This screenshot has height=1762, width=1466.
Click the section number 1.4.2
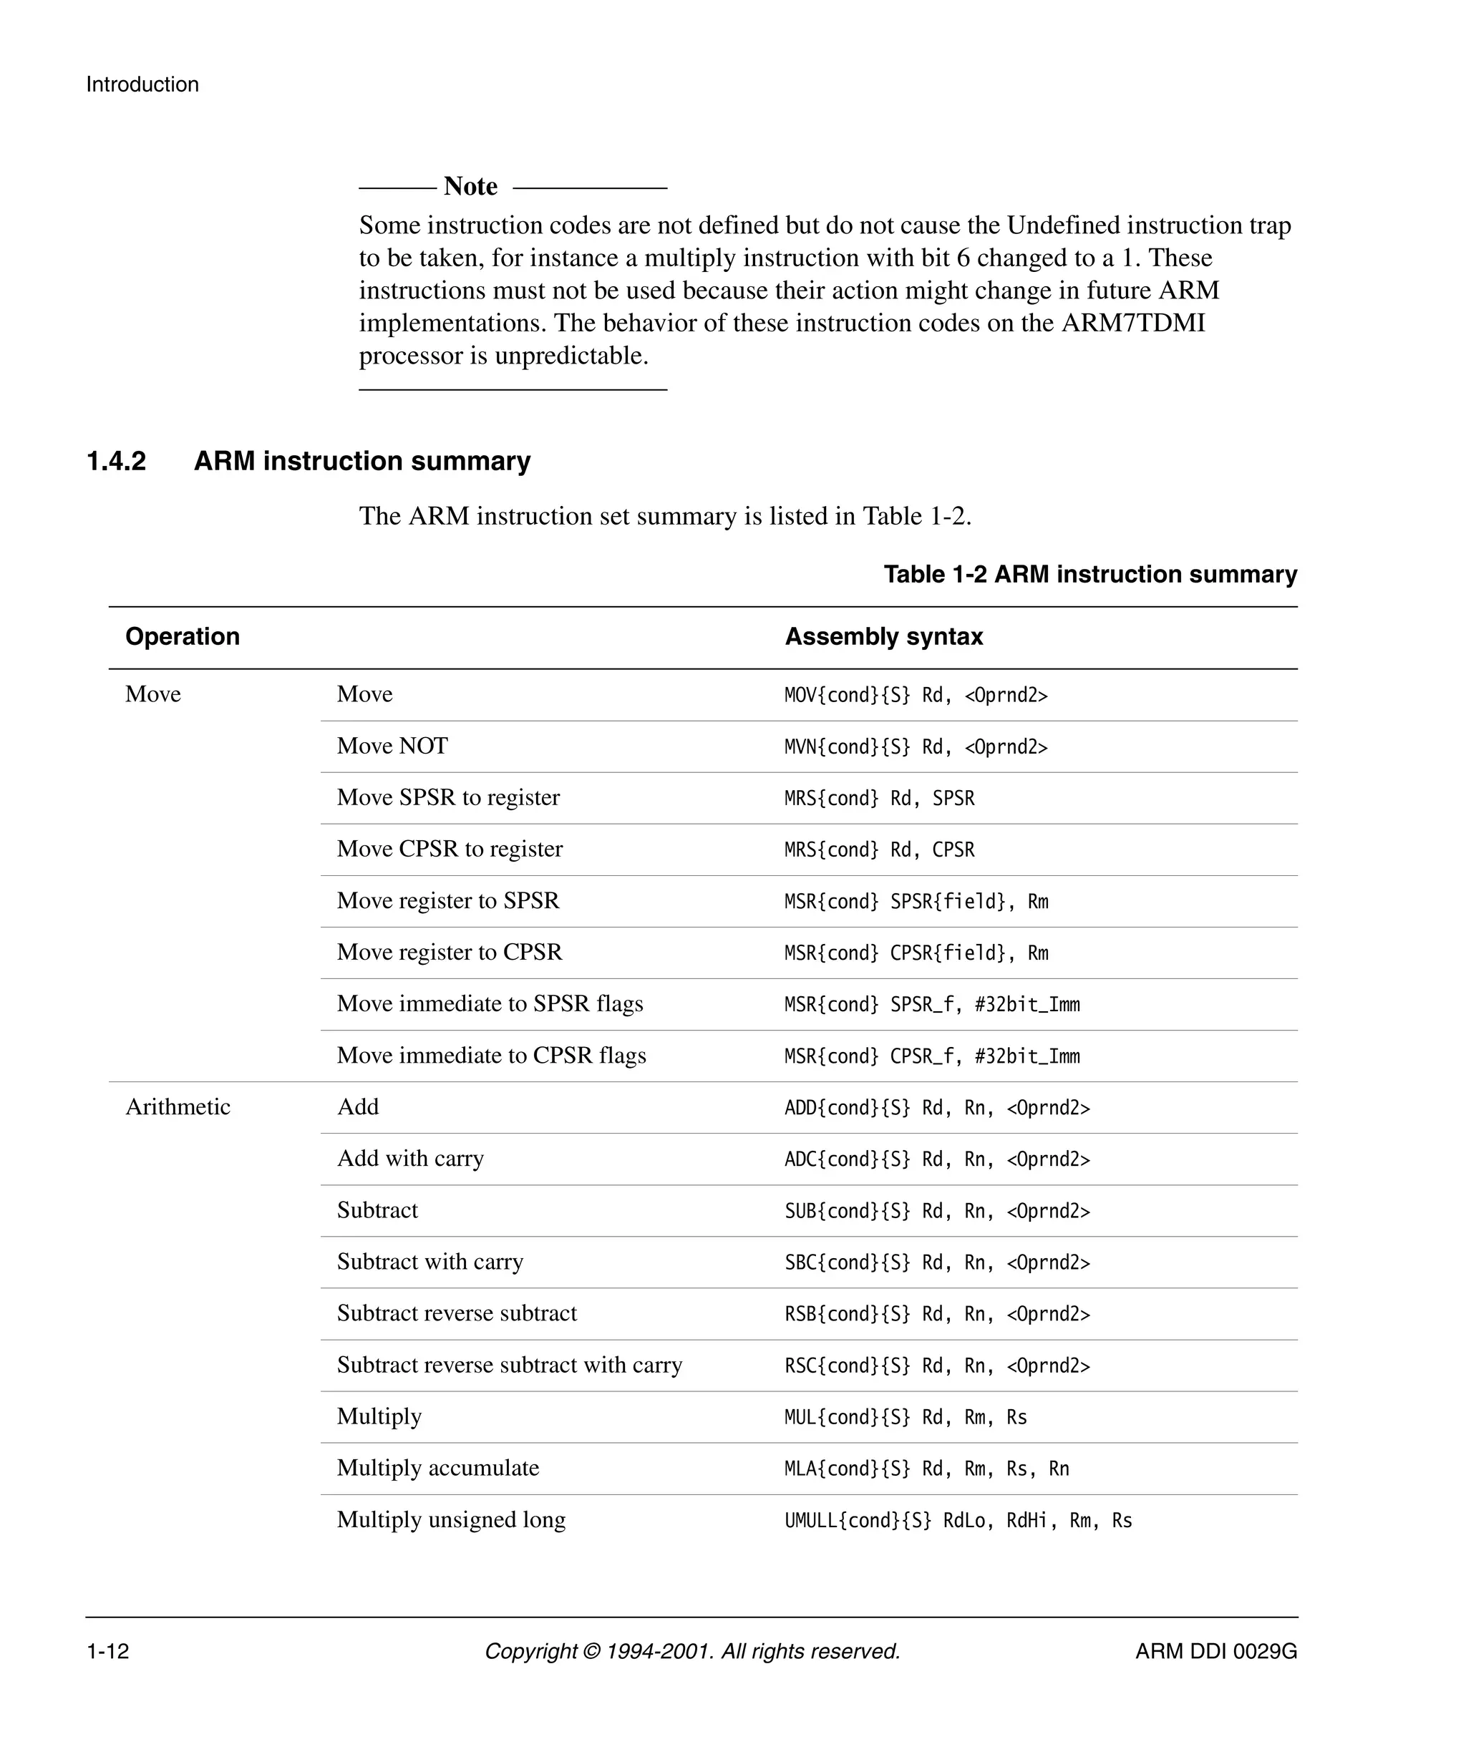[117, 461]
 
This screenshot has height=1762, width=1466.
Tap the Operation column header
[182, 636]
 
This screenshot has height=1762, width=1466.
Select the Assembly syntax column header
[883, 636]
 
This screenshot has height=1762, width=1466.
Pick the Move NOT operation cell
[392, 746]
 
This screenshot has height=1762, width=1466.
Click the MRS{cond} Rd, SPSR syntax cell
[878, 798]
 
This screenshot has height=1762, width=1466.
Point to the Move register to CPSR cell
[449, 953]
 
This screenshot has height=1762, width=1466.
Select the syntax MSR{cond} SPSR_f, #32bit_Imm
[931, 1004]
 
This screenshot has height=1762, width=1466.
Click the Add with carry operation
[409, 1159]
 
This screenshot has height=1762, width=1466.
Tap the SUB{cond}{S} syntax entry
[936, 1211]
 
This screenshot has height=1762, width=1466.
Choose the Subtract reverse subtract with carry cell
[510, 1365]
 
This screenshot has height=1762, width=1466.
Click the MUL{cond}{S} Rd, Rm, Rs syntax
[905, 1417]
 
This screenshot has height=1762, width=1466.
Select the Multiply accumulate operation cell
[437, 1469]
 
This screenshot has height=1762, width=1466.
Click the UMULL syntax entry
[958, 1520]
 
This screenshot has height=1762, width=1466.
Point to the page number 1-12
[107, 1651]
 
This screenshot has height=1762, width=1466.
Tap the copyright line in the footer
[691, 1651]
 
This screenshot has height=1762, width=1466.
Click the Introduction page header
[142, 84]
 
